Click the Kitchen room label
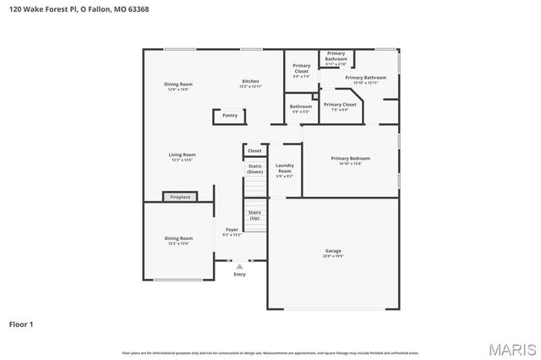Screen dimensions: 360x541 click(250, 83)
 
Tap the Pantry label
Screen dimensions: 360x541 click(230, 116)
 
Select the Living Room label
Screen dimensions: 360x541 click(183, 156)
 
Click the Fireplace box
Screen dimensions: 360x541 click(180, 197)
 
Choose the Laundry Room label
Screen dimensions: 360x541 click(284, 169)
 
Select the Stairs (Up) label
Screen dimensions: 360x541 click(254, 215)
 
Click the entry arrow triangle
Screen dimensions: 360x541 click(239, 266)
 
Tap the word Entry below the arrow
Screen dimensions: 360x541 click(239, 274)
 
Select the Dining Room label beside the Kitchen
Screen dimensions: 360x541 click(178, 85)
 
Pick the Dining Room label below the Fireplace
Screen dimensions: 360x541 click(178, 240)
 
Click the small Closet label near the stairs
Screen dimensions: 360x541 click(254, 150)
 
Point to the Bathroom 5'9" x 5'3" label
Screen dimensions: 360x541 click(300, 109)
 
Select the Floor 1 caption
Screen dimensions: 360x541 click(22, 324)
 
